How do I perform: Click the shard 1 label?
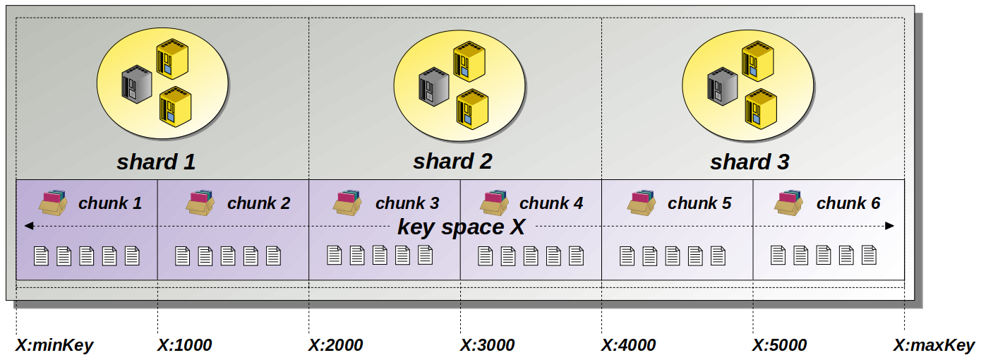pos(156,162)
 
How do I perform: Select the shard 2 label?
pos(452,162)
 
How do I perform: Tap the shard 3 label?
pos(749,162)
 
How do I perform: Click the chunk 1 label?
pos(110,204)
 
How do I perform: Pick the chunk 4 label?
pos(551,204)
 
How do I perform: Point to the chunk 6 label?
pos(848,204)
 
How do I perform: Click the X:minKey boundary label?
pos(54,345)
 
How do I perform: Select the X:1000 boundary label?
pos(184,345)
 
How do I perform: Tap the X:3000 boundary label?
pos(487,345)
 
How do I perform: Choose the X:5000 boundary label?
pos(779,345)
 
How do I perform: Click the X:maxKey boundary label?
pos(934,345)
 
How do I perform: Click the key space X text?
pos(461,227)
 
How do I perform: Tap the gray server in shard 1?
pos(137,84)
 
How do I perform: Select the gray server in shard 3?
pos(722,85)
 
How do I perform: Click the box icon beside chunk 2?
pos(200,202)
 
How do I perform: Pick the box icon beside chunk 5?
pos(641,202)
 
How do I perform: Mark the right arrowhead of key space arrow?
pos(890,226)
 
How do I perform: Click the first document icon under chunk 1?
pos(42,256)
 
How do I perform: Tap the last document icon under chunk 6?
pos(868,254)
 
